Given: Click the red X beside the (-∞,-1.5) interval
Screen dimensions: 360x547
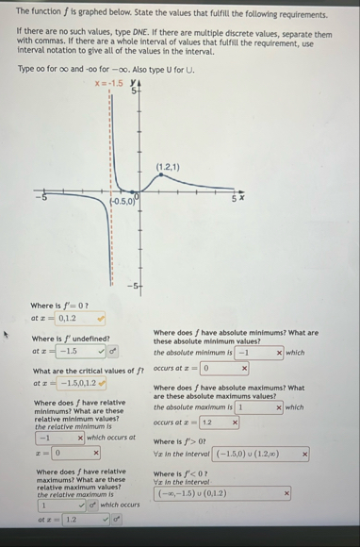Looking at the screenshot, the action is point(286,492).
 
